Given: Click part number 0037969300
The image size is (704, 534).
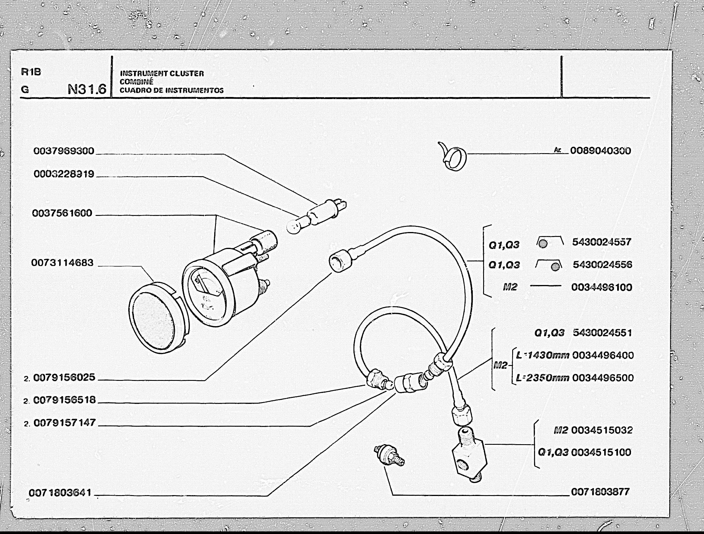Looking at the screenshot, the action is click(x=64, y=151).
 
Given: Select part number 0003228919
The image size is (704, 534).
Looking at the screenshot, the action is click(x=64, y=174).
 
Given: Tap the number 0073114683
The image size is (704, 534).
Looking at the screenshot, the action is click(x=62, y=263).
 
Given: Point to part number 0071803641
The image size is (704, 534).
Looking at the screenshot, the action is click(x=60, y=493).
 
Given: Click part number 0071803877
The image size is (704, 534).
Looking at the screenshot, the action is click(x=600, y=492).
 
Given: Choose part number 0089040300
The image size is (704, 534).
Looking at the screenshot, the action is click(x=600, y=151).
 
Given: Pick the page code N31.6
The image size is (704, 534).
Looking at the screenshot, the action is click(x=87, y=89).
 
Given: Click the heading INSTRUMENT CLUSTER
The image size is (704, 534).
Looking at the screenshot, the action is click(x=162, y=73).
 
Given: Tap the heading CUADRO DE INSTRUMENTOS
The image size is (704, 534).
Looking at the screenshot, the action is click(x=172, y=90).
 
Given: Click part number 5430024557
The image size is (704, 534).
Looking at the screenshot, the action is click(x=602, y=242).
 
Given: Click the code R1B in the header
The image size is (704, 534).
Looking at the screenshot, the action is click(x=31, y=72).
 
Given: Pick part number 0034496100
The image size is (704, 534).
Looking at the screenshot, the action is click(x=602, y=287).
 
